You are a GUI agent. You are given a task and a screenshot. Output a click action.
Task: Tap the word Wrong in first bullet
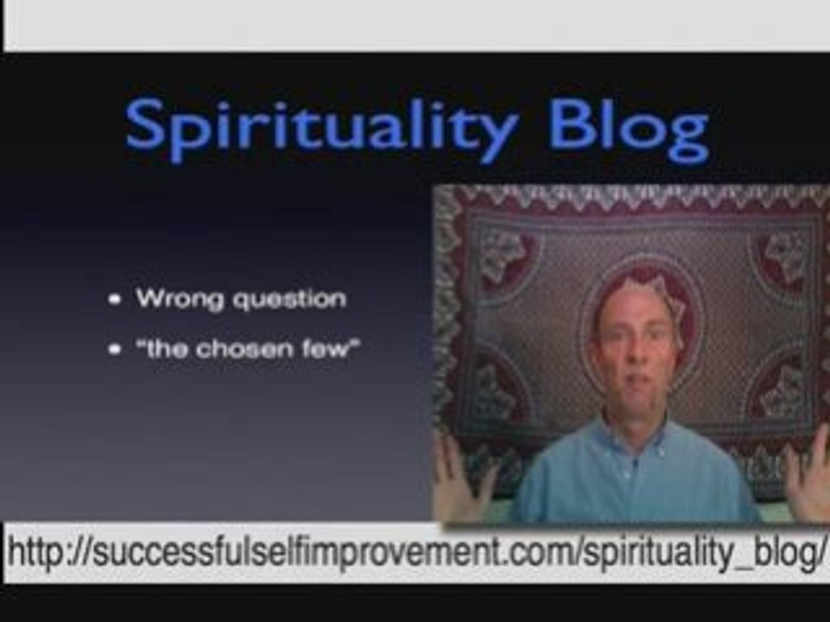174,299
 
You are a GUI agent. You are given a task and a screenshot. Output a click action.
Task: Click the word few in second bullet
329,350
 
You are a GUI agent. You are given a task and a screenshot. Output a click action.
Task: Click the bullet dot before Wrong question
115,300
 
